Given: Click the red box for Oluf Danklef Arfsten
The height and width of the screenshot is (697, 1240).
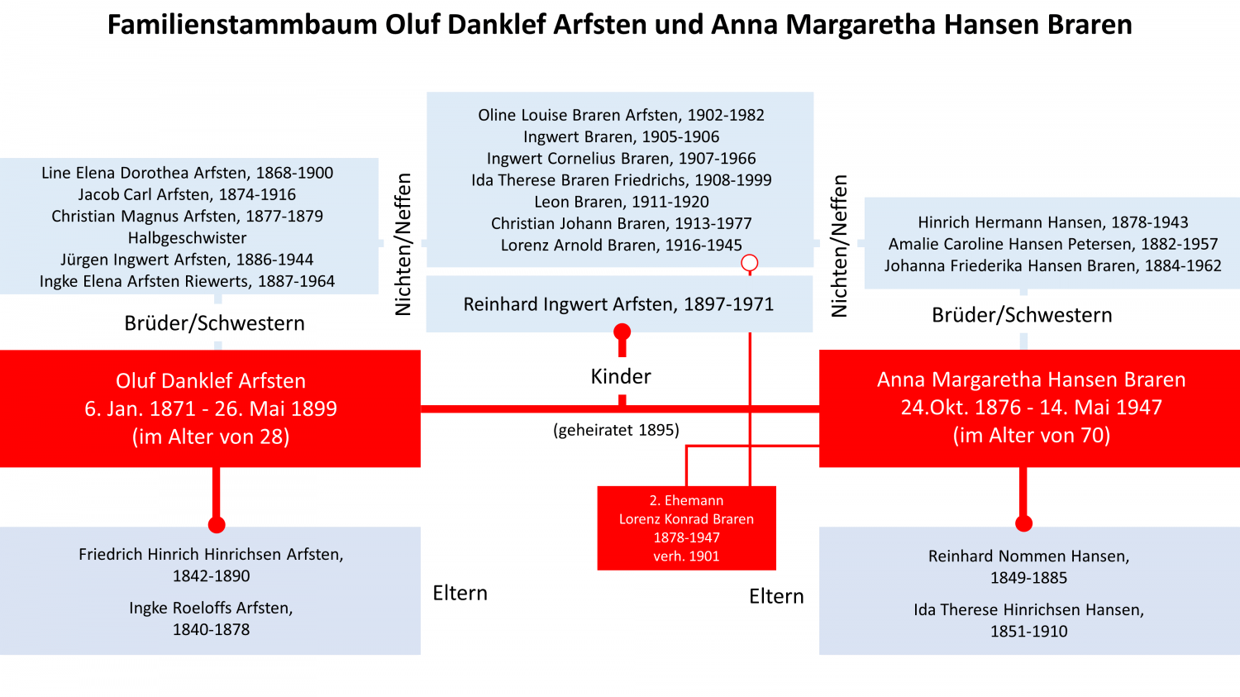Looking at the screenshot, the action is pyautogui.click(x=210, y=408).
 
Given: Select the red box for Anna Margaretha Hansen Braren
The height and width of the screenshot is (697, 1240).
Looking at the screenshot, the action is pyautogui.click(x=1030, y=408).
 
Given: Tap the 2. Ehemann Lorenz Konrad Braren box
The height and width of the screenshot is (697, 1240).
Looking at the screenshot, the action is pyautogui.click(x=686, y=528).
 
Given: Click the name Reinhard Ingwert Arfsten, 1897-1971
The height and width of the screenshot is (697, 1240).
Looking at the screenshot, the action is pyautogui.click(x=618, y=304).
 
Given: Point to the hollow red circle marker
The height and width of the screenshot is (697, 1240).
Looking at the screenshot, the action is pyautogui.click(x=750, y=263).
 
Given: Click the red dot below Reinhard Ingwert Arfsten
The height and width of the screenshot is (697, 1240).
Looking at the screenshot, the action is pyautogui.click(x=622, y=332).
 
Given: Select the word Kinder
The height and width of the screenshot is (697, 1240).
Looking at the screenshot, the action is pyautogui.click(x=621, y=376).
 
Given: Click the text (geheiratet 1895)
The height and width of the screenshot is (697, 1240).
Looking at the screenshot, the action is pyautogui.click(x=616, y=430).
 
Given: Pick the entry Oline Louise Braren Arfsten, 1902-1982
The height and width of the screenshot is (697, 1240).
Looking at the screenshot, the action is pyautogui.click(x=621, y=115).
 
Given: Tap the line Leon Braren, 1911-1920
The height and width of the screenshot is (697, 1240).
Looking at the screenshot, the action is pyautogui.click(x=621, y=202).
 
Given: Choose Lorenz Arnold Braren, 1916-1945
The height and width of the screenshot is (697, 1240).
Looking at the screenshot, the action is pyautogui.click(x=621, y=246).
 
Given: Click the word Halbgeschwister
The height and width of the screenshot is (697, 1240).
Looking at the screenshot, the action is pyautogui.click(x=187, y=238).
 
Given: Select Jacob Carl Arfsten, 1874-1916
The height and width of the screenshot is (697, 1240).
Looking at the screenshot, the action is pyautogui.click(x=187, y=195).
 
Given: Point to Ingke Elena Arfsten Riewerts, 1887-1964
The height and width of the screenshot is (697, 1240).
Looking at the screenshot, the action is pyautogui.click(x=187, y=282).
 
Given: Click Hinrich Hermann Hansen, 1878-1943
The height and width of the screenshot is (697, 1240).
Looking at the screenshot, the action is pyautogui.click(x=1053, y=222).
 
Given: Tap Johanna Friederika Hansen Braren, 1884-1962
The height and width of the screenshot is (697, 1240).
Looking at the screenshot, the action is pyautogui.click(x=1053, y=266).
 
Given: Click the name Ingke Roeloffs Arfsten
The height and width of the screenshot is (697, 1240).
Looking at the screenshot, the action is pyautogui.click(x=211, y=608).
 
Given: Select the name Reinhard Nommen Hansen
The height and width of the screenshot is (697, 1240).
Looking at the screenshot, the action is pyautogui.click(x=1028, y=556).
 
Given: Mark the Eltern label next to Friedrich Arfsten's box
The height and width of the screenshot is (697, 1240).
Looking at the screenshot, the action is pyautogui.click(x=460, y=593).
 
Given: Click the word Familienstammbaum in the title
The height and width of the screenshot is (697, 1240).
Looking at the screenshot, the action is pyautogui.click(x=242, y=25).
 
